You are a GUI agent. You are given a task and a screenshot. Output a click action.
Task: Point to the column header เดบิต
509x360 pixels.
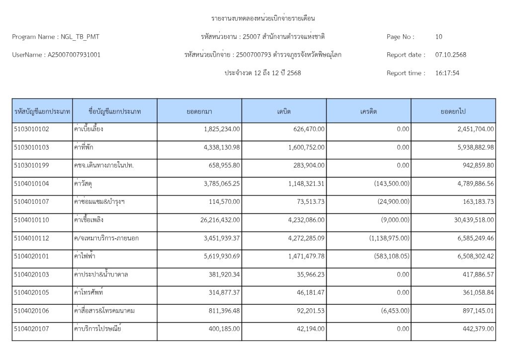[284, 111]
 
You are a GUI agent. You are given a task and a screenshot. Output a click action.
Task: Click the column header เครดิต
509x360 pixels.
[368, 111]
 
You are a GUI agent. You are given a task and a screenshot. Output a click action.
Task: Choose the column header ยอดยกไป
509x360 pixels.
[453, 111]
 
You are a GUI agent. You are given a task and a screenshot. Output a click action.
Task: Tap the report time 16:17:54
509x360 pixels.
[447, 73]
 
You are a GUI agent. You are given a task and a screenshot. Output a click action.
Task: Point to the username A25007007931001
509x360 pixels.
[74, 55]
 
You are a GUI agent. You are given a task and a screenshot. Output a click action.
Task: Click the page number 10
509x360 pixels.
[438, 37]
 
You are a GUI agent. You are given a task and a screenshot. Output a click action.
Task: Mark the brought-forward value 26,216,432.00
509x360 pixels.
[215, 220]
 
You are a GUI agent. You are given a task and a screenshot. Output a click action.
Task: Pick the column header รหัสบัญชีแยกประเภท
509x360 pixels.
[42, 111]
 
